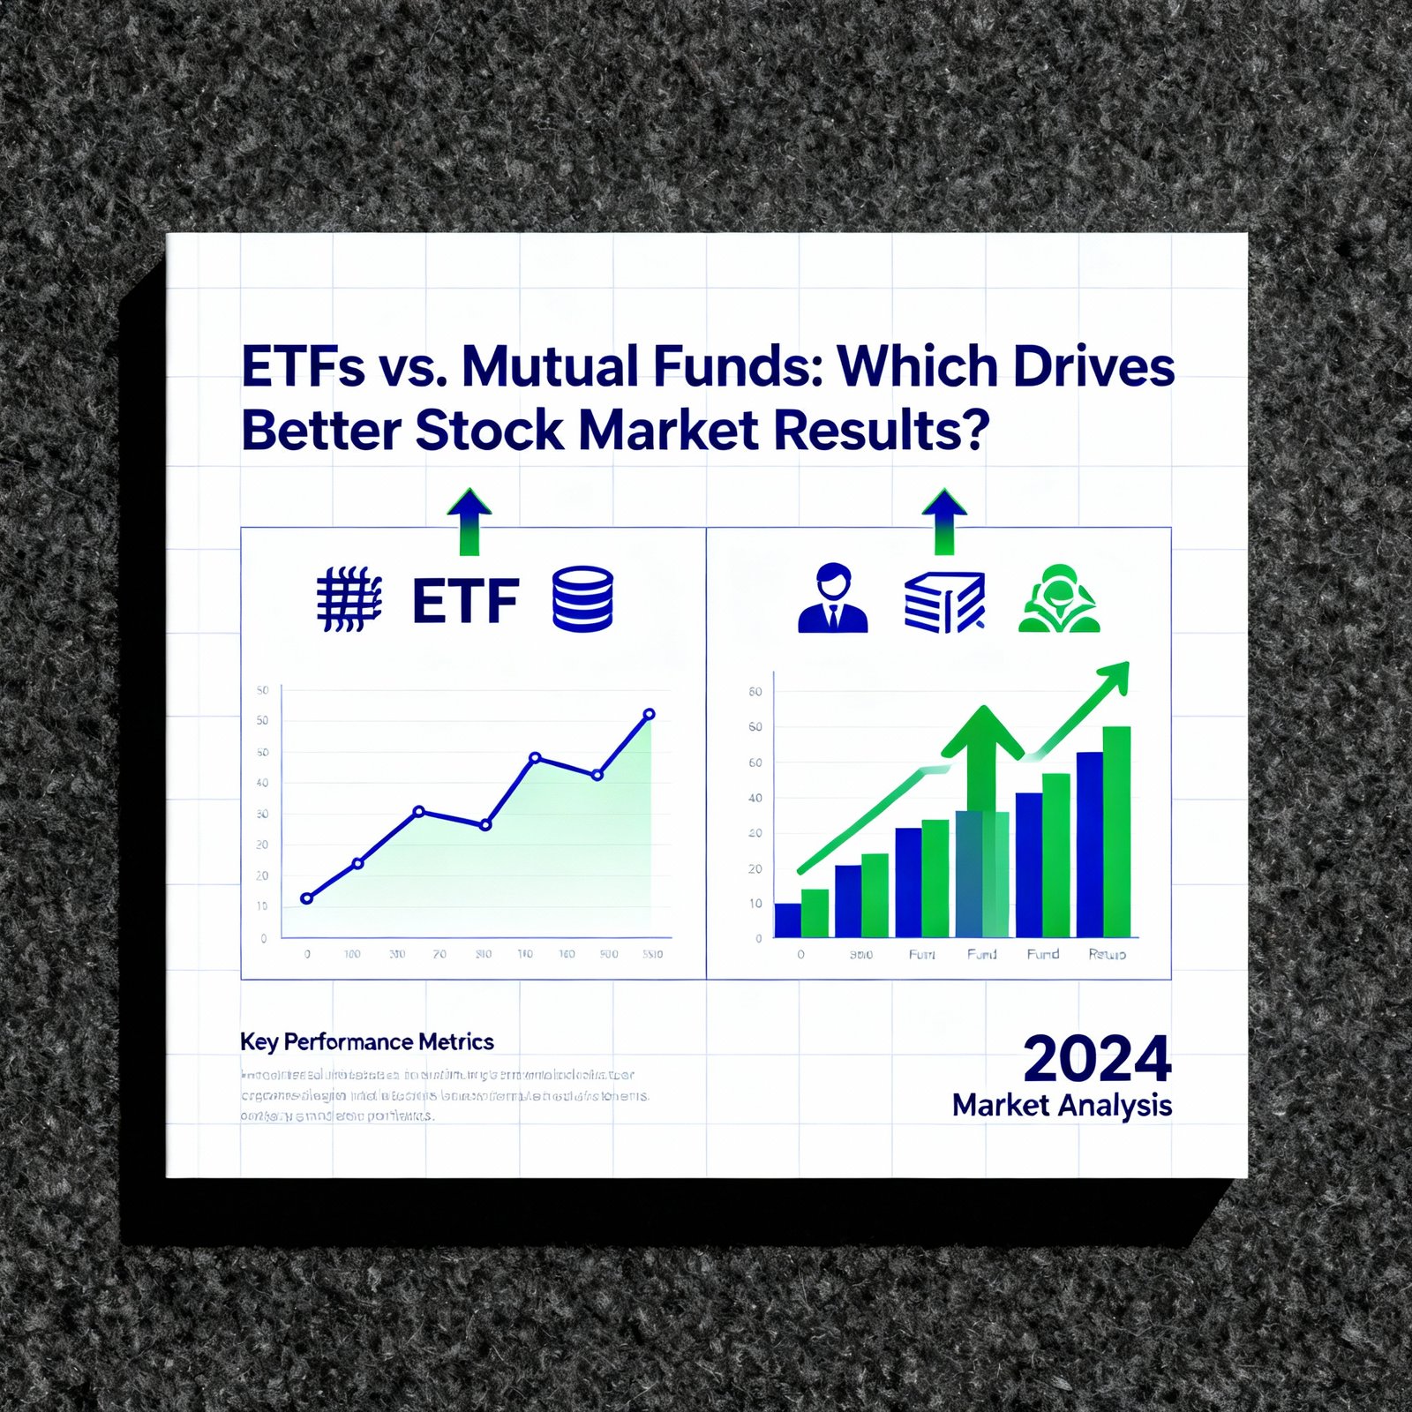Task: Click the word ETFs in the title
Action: point(303,366)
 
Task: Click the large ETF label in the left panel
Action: point(465,601)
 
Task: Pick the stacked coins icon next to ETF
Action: point(582,599)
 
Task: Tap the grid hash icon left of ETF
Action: point(349,600)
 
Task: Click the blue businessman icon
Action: point(832,598)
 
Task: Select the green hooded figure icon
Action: point(1059,600)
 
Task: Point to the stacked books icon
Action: point(944,602)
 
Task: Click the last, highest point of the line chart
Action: point(650,714)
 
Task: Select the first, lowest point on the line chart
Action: point(307,898)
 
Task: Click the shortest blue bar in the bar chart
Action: point(787,920)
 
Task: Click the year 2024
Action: point(1097,1059)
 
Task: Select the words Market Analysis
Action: point(1062,1106)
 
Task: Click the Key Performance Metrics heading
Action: point(366,1042)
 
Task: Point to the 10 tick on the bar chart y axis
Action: point(755,904)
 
